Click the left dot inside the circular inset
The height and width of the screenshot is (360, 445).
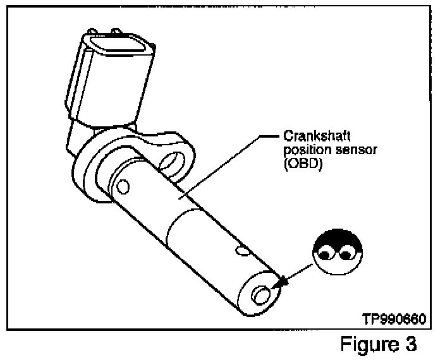click(x=326, y=255)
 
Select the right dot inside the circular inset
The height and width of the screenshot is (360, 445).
click(x=346, y=255)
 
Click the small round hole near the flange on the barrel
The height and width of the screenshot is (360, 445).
click(x=123, y=186)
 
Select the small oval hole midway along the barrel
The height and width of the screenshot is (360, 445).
click(x=241, y=251)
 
